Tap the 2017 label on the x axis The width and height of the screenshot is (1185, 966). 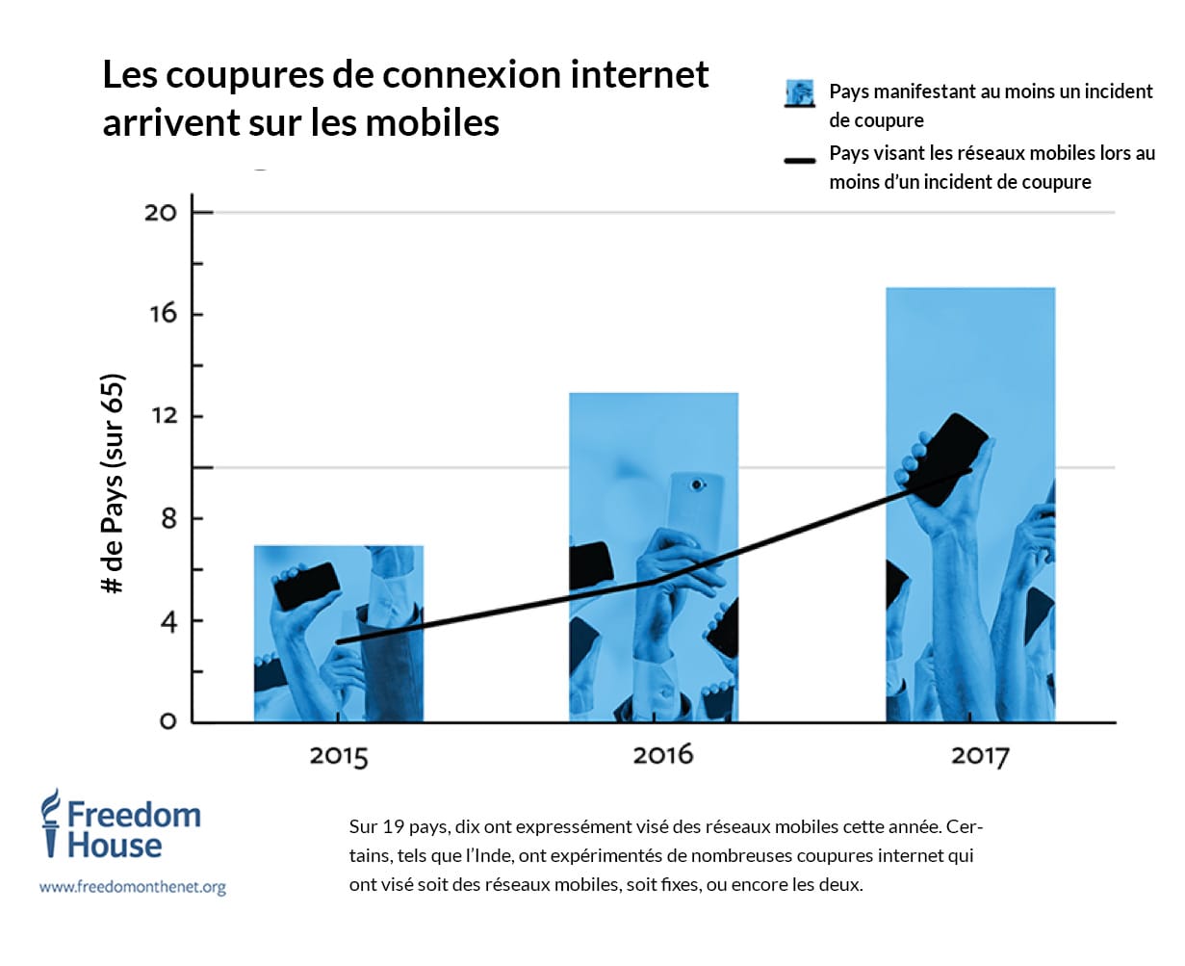pos(980,755)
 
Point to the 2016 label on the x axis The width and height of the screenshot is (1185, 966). pos(662,754)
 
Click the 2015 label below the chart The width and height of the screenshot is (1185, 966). pos(339,755)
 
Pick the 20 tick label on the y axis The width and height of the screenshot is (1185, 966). pos(161,212)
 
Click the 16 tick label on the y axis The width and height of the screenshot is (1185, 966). pos(163,314)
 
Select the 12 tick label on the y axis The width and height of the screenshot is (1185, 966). pos(163,416)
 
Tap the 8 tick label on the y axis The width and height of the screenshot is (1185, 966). pos(168,518)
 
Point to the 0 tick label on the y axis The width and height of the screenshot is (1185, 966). pos(168,721)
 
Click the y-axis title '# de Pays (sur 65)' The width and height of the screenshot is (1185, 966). pos(114,483)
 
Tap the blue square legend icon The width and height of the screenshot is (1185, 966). pos(799,93)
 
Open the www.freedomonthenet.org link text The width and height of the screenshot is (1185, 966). pos(133,887)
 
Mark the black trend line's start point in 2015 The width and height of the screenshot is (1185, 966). pos(338,642)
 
